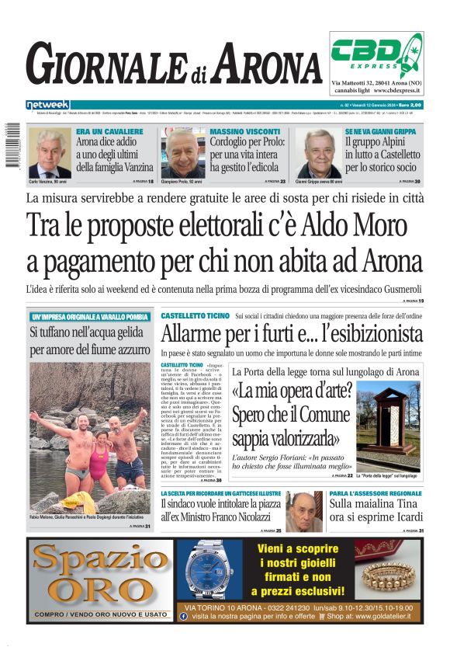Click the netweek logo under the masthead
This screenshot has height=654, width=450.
tap(47, 104)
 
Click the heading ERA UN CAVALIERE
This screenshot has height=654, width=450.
tap(109, 132)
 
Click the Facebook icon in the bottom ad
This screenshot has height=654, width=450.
tap(183, 615)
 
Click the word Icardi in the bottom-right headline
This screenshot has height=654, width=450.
tap(404, 517)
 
